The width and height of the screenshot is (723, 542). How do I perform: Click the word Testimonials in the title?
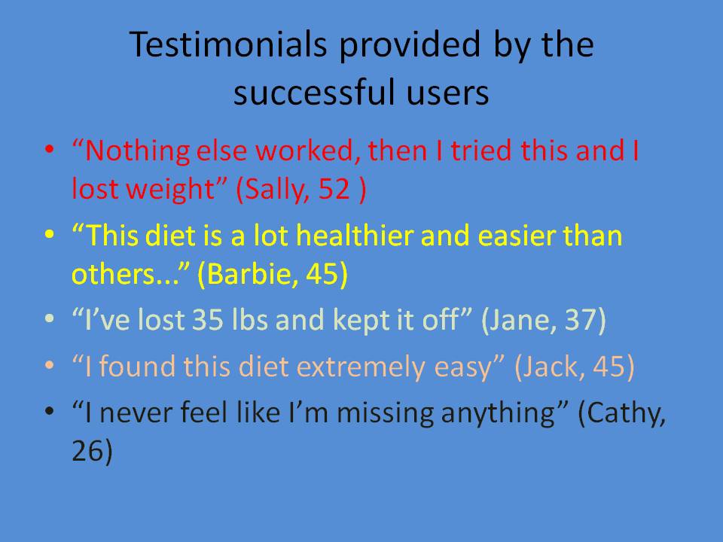228,44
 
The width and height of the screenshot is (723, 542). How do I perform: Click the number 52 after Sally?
334,188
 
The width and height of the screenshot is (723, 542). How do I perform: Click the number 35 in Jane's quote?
207,319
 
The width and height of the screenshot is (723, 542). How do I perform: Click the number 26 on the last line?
87,450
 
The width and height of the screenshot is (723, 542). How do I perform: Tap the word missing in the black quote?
386,413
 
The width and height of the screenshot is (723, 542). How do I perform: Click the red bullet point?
50,149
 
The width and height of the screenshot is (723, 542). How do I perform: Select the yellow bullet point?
50,234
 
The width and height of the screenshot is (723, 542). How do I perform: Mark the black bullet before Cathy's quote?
50,411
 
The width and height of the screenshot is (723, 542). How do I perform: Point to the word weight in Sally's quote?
170,190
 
